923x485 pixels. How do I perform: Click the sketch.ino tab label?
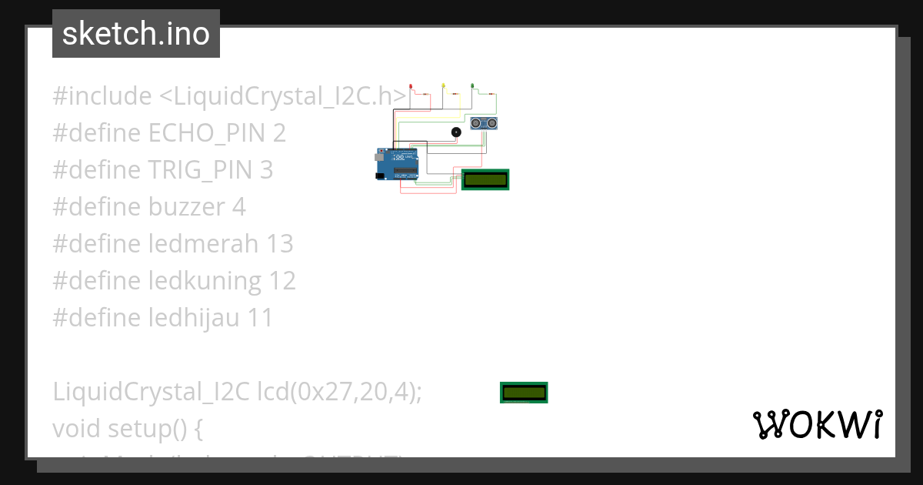pos(136,34)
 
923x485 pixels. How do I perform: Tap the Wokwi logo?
pos(818,425)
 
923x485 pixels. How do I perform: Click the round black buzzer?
pos(456,132)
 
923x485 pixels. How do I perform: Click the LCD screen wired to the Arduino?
pos(485,179)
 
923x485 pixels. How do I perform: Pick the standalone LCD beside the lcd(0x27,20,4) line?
pos(524,393)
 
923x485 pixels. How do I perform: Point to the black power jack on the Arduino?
pos(380,176)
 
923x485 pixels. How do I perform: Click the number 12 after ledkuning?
pos(282,281)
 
